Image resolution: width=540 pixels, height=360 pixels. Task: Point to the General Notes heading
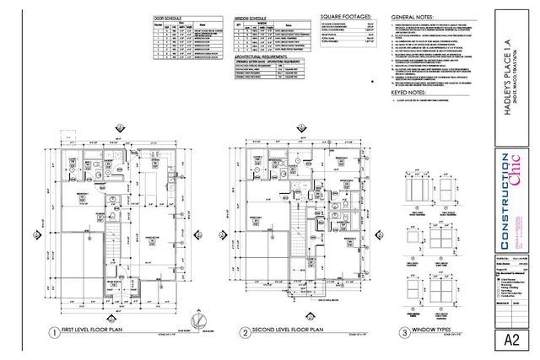click(x=413, y=16)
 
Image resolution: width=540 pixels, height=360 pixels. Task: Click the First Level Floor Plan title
click(x=94, y=332)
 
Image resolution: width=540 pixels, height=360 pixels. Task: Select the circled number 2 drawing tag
click(x=244, y=332)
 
